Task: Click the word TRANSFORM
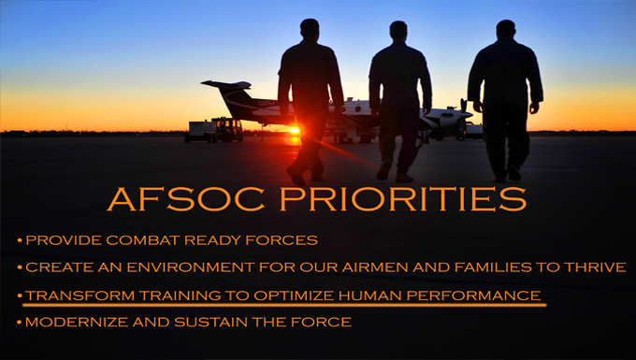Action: coord(72,295)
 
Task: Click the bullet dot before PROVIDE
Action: coord(20,241)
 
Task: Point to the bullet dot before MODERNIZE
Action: coord(20,324)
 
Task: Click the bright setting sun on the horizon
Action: coord(296,129)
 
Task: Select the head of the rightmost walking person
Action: coord(506,28)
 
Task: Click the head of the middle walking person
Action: coord(398,30)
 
